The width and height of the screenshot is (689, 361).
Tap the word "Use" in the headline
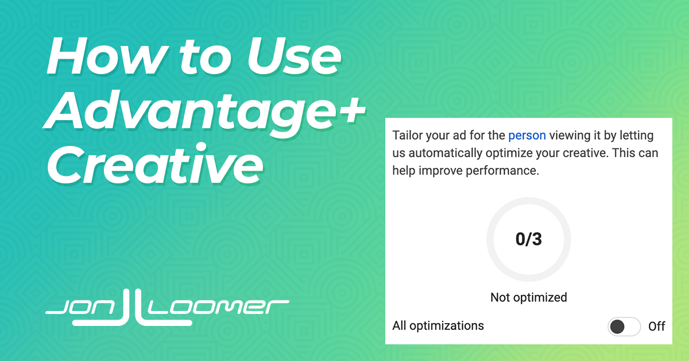click(x=294, y=56)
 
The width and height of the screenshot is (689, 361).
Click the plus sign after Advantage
click(x=351, y=110)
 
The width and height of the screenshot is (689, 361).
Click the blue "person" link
click(x=527, y=136)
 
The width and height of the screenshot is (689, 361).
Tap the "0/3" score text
click(x=528, y=239)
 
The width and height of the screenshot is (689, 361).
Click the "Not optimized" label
click(x=528, y=298)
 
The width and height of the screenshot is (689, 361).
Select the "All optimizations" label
click(x=438, y=326)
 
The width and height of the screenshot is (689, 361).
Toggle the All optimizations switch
click(x=624, y=327)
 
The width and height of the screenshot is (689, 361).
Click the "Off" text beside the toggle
click(x=657, y=327)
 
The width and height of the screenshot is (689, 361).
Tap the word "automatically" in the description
click(x=446, y=153)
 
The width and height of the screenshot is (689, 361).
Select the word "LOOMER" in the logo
click(x=218, y=308)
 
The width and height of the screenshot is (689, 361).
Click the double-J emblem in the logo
click(x=132, y=308)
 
